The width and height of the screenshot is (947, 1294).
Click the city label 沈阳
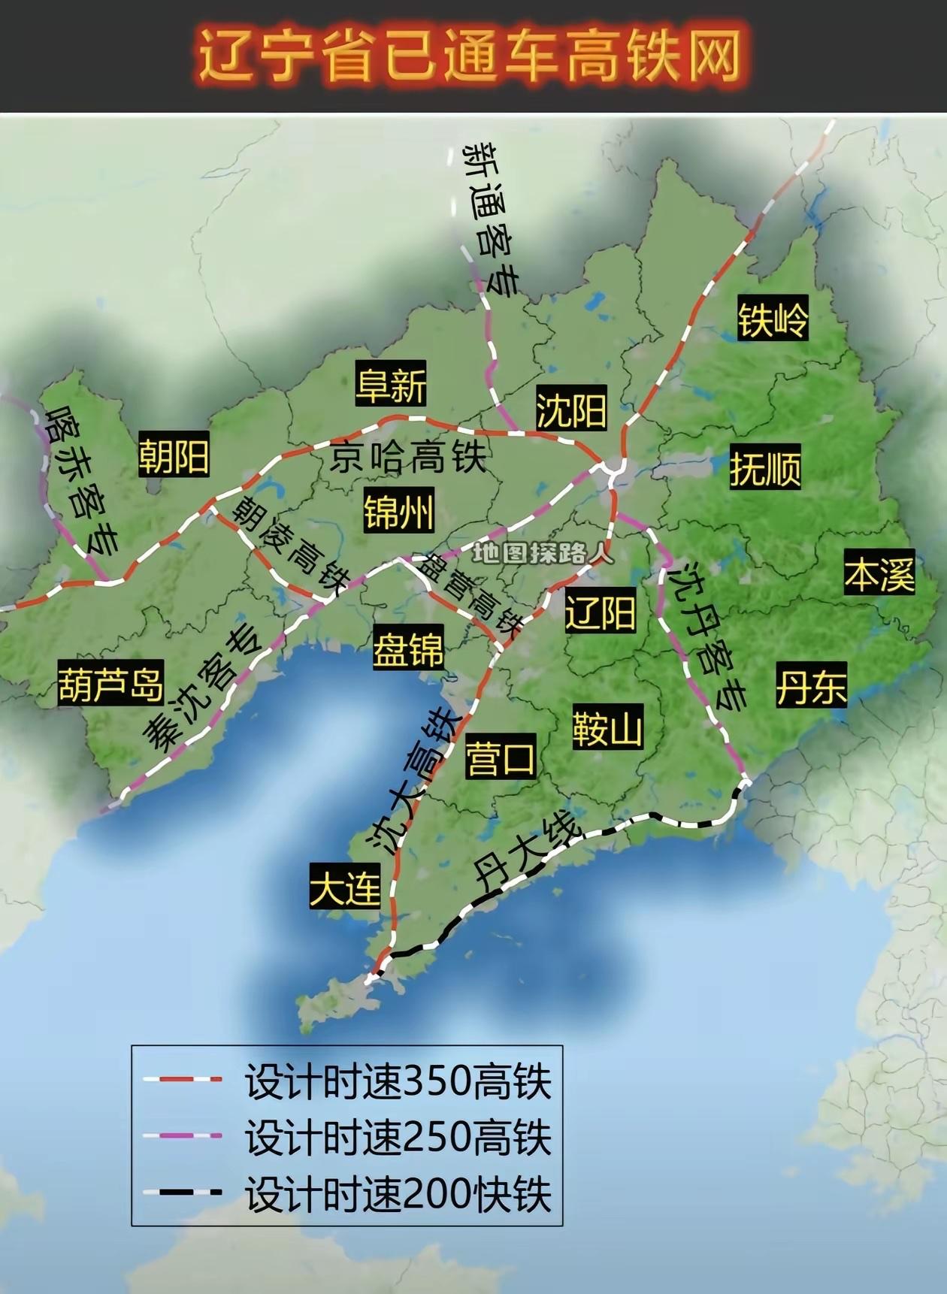coord(571,410)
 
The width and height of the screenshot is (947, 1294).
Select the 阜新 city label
coord(391,385)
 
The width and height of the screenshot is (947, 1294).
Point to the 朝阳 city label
coord(174,455)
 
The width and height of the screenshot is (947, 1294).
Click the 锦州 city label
coord(398,512)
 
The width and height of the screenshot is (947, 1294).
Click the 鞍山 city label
coord(607,727)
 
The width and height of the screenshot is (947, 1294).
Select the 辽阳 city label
coord(601,611)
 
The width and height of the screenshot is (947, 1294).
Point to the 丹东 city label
coord(812,685)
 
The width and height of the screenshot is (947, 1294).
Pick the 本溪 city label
coord(879,573)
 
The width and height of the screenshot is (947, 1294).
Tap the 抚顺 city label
coord(765,467)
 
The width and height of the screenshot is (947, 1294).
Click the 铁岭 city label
coord(773,319)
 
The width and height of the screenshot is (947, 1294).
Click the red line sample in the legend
coord(183,1079)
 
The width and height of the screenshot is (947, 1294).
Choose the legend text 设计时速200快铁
coord(398,1193)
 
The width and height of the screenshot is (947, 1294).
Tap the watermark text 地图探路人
coord(543,553)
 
